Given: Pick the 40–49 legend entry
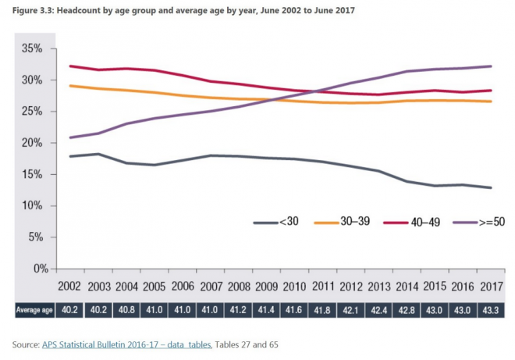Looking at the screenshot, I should (x=419, y=223).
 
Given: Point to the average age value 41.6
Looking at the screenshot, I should (x=295, y=310).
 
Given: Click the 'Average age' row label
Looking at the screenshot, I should (x=34, y=310).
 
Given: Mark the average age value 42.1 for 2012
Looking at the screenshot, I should (x=350, y=310).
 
